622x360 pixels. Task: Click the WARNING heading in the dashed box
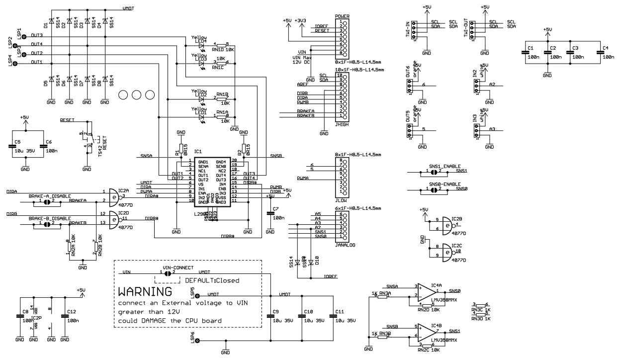click(x=145, y=291)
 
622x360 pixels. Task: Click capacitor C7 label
click(x=276, y=208)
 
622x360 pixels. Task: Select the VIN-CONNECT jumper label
click(x=178, y=268)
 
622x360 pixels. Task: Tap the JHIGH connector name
click(x=342, y=126)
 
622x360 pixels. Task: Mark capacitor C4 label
click(x=605, y=48)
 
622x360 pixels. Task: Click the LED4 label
click(x=200, y=41)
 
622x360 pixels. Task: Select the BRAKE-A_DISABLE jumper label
click(x=49, y=196)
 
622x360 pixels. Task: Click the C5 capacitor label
click(x=17, y=142)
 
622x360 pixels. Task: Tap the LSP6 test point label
click(x=192, y=337)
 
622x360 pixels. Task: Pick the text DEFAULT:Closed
click(x=212, y=280)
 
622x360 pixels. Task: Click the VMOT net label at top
click(x=128, y=8)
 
